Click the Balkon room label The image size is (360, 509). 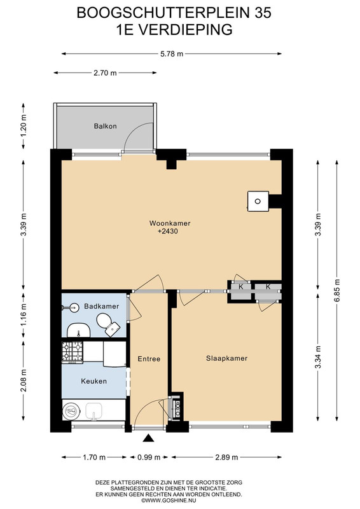click(x=105, y=126)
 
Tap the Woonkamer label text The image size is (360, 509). click(x=170, y=223)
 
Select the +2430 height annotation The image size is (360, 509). click(x=168, y=232)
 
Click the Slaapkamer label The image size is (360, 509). click(x=226, y=358)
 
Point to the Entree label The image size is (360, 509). click(x=149, y=359)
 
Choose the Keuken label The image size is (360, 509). click(x=93, y=381)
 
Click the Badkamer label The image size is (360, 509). click(x=101, y=306)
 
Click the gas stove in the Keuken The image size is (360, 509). click(x=73, y=352)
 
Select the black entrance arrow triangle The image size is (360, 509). click(x=149, y=438)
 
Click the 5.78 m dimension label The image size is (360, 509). click(x=172, y=54)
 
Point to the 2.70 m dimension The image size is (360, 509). click(x=105, y=73)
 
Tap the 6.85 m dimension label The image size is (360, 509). click(x=336, y=291)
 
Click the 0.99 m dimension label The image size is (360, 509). click(x=149, y=457)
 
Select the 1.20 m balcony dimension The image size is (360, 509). click(x=23, y=126)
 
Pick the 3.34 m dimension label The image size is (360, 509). click(x=318, y=357)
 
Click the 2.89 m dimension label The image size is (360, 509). click(x=226, y=457)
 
